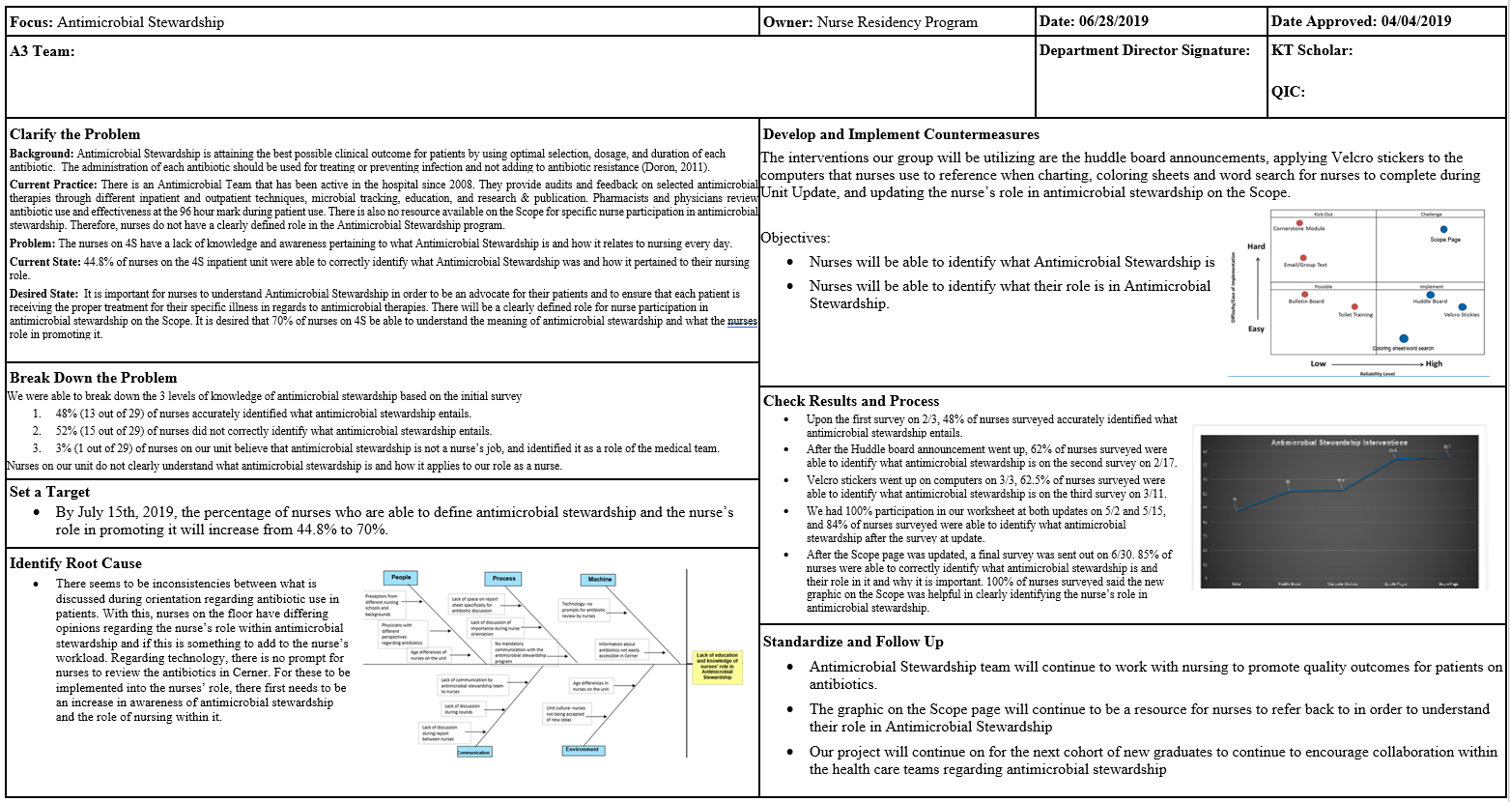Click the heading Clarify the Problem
75,134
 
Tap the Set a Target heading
50,492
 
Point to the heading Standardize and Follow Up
853,642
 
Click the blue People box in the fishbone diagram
401,578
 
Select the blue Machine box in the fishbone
600,579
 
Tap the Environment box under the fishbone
583,750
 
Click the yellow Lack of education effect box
717,666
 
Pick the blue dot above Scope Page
1443,229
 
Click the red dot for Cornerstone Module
1275,221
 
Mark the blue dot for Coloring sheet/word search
1404,338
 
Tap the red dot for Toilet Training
1354,306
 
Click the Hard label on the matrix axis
1256,246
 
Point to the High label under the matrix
1434,363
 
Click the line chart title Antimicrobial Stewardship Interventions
1338,443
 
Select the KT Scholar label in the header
1312,50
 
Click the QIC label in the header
1288,92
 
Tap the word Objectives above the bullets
795,238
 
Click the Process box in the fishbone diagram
504,578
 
